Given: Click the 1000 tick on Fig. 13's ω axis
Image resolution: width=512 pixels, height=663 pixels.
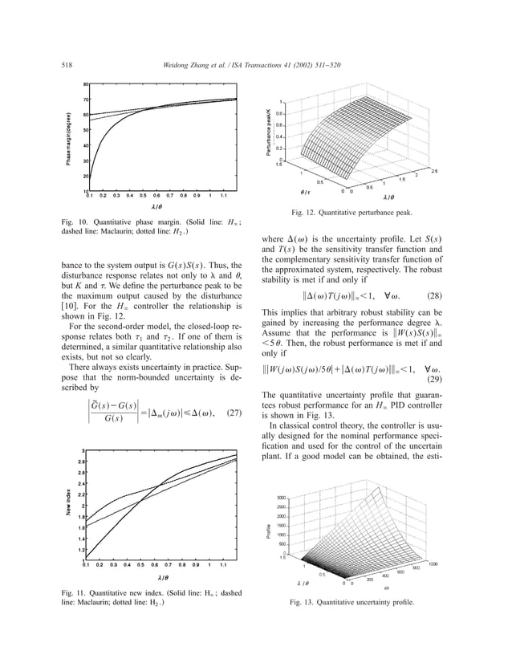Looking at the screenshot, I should pos(433,564).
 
